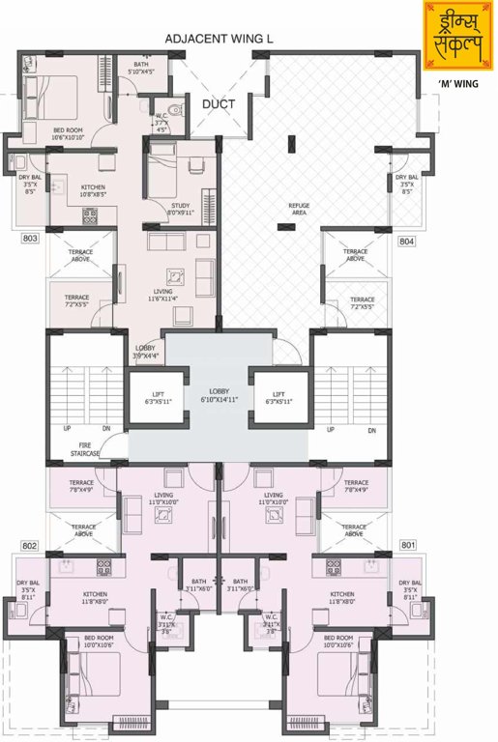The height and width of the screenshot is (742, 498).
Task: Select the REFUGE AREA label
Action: pos(298,210)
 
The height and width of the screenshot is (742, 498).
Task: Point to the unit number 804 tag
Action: pos(407,242)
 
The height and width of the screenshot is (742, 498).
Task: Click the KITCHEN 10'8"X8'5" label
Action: pos(93,190)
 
